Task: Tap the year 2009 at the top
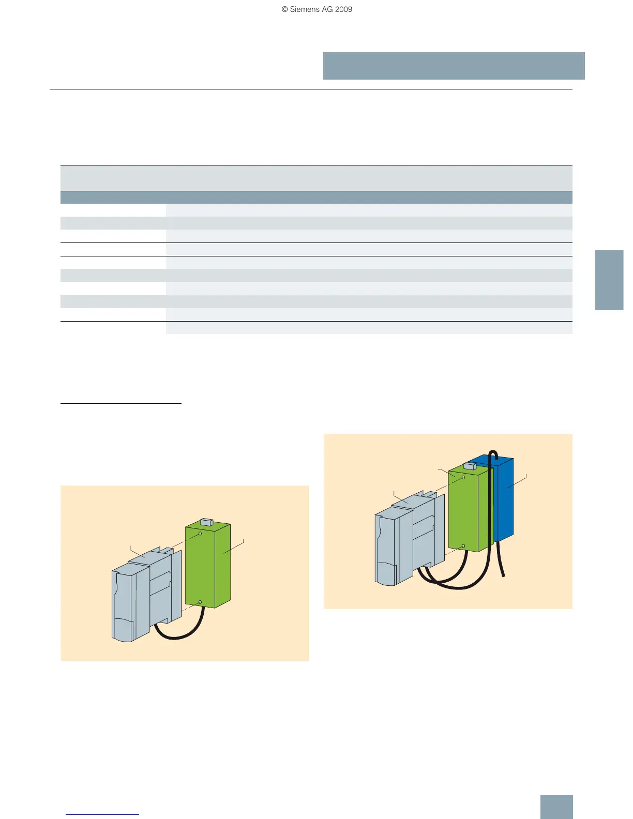(x=343, y=9)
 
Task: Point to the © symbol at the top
(x=284, y=9)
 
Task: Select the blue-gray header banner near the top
(x=454, y=66)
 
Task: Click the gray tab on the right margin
(x=609, y=280)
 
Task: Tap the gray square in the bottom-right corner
(x=556, y=807)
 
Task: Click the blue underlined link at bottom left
(x=102, y=814)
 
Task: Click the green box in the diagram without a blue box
(x=207, y=569)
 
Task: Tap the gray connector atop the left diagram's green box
(x=206, y=522)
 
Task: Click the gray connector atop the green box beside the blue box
(x=470, y=466)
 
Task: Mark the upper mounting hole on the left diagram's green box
(x=200, y=533)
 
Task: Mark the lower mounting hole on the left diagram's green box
(x=200, y=602)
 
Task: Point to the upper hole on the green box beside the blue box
(x=463, y=477)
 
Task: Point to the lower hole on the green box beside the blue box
(x=463, y=546)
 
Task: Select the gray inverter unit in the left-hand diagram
(x=142, y=595)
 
